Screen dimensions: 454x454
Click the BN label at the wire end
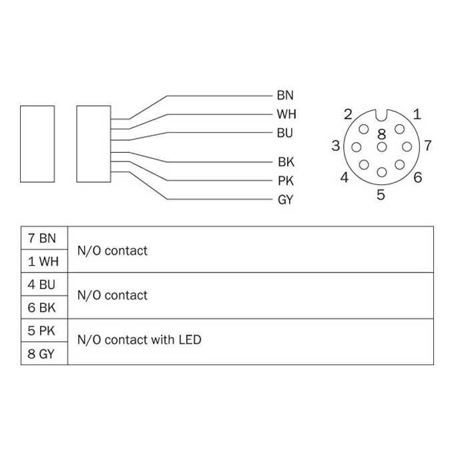click(285, 95)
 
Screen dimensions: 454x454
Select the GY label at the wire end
click(286, 200)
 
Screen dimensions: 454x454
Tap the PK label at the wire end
click(286, 181)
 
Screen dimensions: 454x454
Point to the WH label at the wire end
click(286, 114)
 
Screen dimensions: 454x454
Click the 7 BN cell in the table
click(44, 238)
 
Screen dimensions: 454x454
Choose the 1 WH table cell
click(44, 261)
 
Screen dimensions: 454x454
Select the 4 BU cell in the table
click(44, 284)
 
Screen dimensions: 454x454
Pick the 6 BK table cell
click(44, 308)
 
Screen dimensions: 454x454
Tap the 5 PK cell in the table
click(44, 330)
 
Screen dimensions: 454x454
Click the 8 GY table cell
click(44, 354)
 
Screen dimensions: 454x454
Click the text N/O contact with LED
click(140, 340)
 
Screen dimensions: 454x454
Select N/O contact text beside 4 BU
click(112, 295)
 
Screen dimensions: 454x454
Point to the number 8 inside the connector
click(382, 134)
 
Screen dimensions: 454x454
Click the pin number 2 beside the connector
click(348, 114)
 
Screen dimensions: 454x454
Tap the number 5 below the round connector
click(381, 194)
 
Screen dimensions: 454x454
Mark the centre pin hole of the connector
click(382, 147)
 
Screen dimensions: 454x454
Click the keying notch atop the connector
click(382, 116)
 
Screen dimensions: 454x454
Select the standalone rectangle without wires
click(37, 144)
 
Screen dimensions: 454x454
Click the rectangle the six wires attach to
click(93, 144)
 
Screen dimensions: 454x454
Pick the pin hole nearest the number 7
click(407, 147)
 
